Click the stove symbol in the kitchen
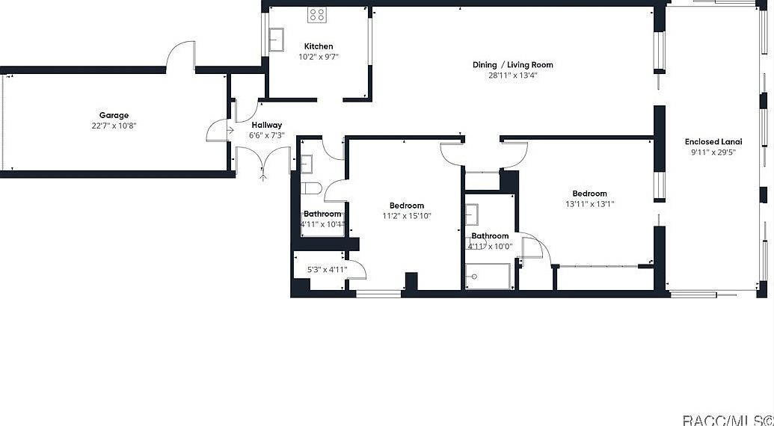(x=317, y=15)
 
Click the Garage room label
(x=114, y=116)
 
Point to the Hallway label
(x=266, y=125)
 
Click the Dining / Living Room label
(x=512, y=65)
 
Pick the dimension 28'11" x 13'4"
(x=512, y=75)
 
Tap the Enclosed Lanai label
(x=713, y=142)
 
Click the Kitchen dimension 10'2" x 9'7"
(x=319, y=57)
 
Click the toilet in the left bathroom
(x=310, y=189)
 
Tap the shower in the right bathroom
(x=487, y=277)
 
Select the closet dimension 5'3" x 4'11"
(x=327, y=270)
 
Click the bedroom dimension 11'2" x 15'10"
(x=406, y=216)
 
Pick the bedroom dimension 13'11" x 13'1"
(x=589, y=203)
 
